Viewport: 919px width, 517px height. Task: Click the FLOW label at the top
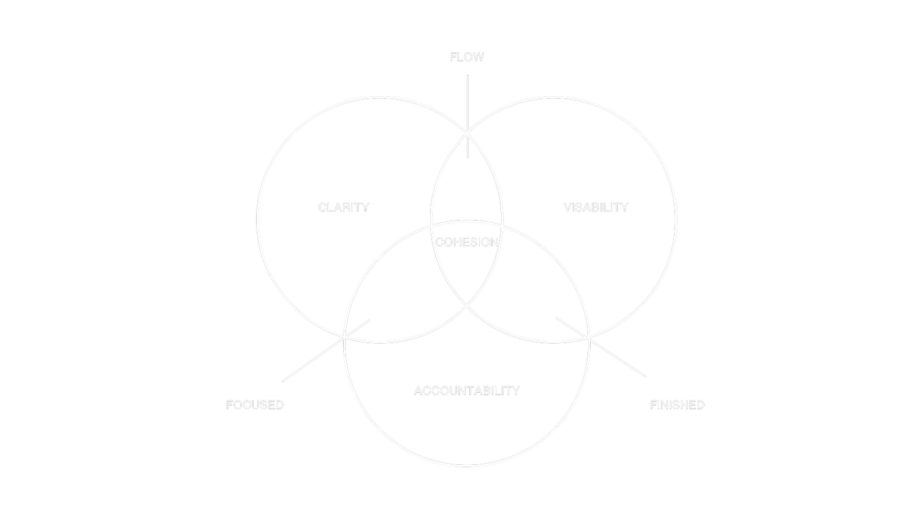point(466,57)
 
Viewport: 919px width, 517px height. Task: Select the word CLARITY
point(343,208)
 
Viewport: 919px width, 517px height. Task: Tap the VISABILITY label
point(596,208)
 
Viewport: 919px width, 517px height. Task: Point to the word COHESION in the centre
point(466,243)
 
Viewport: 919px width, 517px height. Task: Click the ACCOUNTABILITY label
point(466,391)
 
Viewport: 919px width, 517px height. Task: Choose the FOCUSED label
point(254,405)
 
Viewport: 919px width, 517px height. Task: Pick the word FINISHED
point(676,405)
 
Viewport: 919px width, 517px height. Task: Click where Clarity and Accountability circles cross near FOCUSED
point(345,337)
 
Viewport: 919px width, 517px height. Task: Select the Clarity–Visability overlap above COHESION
point(467,184)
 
